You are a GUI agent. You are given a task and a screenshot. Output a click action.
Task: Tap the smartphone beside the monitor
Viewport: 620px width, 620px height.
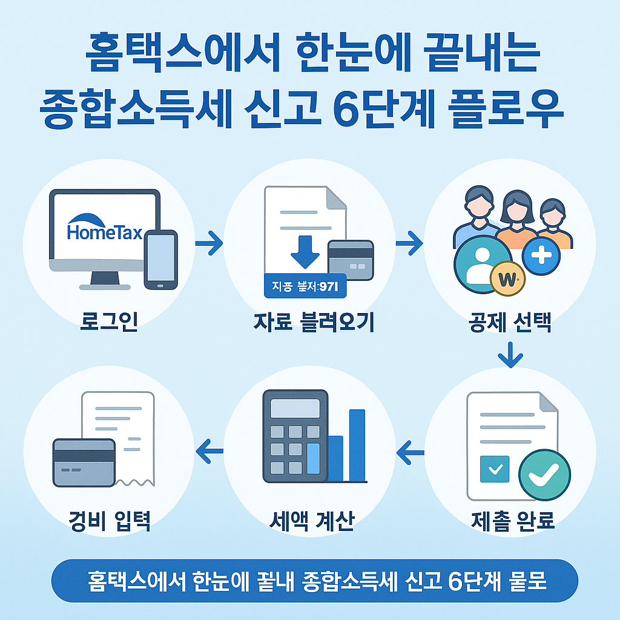point(160,259)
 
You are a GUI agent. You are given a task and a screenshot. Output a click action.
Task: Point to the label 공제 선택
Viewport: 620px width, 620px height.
point(509,322)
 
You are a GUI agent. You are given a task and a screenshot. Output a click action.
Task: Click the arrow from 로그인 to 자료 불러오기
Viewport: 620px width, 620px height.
point(209,244)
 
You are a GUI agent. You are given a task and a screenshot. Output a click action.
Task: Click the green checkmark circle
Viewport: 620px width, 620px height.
point(544,475)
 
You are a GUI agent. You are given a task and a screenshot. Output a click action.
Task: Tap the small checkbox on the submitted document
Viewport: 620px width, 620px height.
point(494,469)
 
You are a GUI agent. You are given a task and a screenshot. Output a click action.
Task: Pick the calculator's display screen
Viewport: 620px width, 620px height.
point(295,407)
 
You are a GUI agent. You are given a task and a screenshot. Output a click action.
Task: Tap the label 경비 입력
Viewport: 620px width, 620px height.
point(109,519)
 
